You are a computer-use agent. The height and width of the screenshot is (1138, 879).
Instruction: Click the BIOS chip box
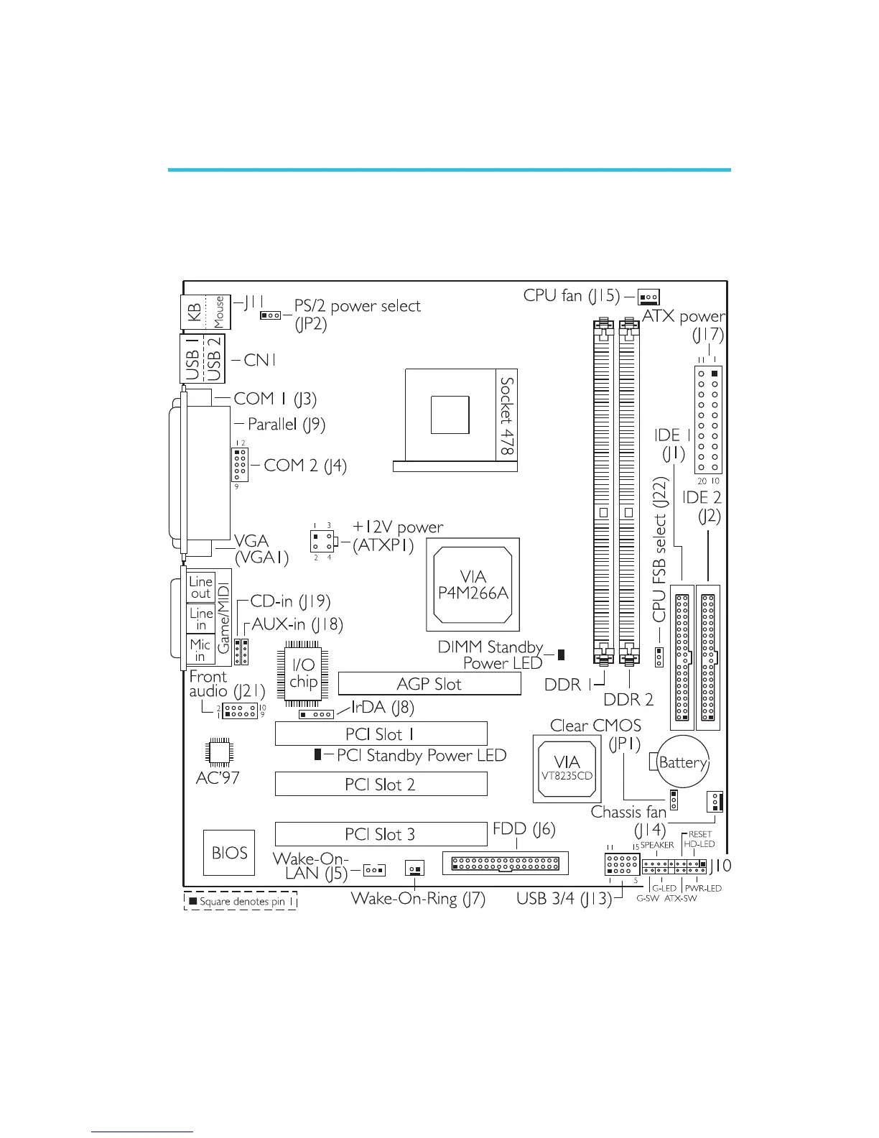[229, 853]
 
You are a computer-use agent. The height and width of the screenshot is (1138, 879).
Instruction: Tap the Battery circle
[683, 762]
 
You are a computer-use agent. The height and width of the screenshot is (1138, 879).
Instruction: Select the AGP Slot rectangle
[429, 684]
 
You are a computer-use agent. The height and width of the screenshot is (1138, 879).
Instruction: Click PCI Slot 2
[381, 784]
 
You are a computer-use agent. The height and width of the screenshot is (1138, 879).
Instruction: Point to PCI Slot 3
[381, 834]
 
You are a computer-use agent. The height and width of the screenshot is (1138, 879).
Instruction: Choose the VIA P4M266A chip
[473, 586]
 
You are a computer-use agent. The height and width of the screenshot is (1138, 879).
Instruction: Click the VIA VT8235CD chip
[567, 768]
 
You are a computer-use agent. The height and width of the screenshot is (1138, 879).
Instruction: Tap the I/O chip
[304, 672]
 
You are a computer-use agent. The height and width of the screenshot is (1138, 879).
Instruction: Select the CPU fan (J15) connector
[648, 297]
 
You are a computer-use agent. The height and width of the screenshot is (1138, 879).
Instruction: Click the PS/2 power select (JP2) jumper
[271, 315]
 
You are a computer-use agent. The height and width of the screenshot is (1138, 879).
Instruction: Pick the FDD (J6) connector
[506, 863]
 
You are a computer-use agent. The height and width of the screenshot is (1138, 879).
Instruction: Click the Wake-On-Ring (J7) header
[414, 868]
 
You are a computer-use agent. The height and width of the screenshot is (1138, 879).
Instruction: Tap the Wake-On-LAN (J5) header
[374, 870]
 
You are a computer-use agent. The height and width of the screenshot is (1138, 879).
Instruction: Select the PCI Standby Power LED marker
[317, 754]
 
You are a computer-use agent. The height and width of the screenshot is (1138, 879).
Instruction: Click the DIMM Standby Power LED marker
[561, 654]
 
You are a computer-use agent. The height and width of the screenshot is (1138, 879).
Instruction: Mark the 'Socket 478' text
[507, 416]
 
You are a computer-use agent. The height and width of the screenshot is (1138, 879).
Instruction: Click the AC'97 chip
[218, 751]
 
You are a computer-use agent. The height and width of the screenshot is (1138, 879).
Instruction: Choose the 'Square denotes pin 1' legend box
[241, 901]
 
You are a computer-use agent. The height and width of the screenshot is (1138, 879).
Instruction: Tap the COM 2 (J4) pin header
[240, 465]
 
